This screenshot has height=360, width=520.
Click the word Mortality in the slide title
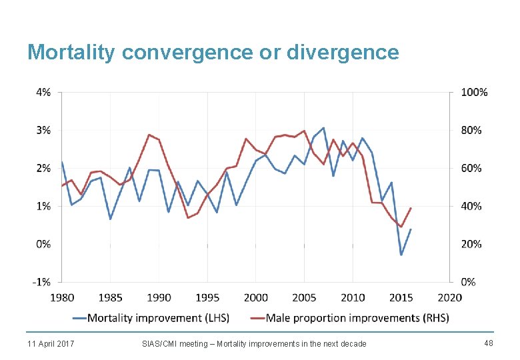71,52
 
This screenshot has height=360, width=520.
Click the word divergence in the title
343,52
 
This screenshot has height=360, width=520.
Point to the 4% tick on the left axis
43,92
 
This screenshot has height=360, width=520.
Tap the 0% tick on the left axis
43,244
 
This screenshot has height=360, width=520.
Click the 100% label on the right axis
474,92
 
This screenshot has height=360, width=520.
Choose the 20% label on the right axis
471,244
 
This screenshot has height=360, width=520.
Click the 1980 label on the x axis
62,297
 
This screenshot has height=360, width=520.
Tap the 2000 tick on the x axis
256,297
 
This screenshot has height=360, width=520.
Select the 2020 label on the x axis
451,297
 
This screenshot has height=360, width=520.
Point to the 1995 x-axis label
207,297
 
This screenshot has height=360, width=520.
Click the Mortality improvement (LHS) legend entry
158,318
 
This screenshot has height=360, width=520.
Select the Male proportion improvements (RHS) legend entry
357,318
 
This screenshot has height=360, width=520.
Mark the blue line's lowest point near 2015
401,255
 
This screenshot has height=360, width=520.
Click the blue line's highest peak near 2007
323,128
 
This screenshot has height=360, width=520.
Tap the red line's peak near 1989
149,135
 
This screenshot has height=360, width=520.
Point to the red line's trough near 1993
188,218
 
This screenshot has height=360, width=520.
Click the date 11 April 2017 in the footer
51,343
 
